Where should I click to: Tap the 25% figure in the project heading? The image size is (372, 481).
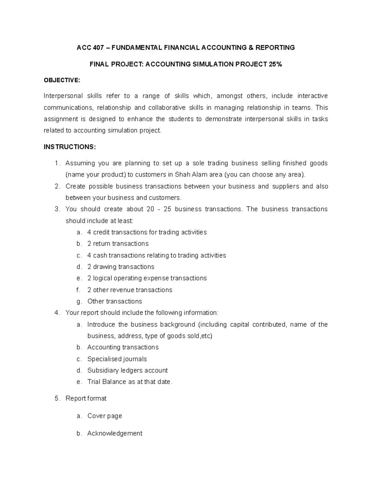point(276,64)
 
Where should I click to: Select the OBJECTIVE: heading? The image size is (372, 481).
point(62,81)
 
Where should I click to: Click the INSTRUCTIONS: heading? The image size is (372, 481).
point(70,147)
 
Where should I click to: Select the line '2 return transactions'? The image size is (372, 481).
point(118,244)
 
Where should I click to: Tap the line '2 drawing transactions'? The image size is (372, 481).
point(121,267)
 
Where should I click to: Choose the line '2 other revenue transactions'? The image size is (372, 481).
point(130,290)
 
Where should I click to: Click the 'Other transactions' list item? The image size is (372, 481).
point(115,301)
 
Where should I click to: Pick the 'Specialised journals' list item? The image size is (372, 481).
point(117,359)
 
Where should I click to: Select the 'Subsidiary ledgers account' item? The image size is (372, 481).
point(127,370)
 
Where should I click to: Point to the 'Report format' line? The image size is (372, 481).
point(86,399)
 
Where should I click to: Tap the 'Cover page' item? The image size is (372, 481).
point(104,416)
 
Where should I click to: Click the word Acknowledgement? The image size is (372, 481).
point(115,433)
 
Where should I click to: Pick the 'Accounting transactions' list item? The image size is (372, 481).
point(123,348)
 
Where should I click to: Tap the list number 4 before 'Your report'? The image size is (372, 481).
point(56,313)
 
